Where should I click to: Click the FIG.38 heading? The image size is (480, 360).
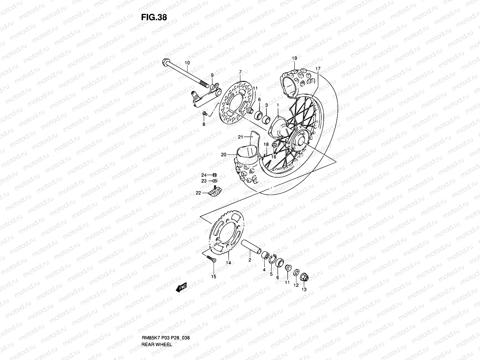[x=154, y=17]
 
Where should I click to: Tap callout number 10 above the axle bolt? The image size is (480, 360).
[x=187, y=63]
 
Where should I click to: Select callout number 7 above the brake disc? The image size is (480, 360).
[x=240, y=72]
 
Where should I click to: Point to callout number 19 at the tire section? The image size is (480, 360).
[x=294, y=58]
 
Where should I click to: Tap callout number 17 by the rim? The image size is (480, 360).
[x=318, y=69]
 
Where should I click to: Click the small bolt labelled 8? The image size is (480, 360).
[x=205, y=114]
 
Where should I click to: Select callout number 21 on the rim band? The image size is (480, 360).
[x=241, y=137]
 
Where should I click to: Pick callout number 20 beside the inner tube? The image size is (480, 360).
[x=223, y=155]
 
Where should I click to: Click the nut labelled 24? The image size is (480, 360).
[x=214, y=175]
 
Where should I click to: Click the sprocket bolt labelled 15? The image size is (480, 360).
[x=211, y=259]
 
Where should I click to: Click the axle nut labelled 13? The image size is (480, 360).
[x=304, y=277]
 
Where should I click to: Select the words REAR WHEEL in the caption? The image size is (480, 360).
[x=157, y=328]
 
